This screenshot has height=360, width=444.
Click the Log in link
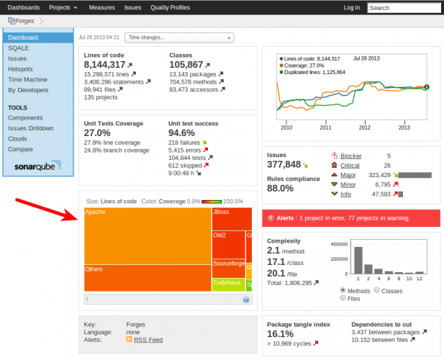click(x=352, y=7)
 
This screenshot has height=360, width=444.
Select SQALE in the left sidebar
click(x=19, y=48)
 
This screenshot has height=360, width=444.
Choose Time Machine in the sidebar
click(x=28, y=80)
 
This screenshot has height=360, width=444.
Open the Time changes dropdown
click(x=179, y=37)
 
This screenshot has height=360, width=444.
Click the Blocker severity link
click(x=350, y=156)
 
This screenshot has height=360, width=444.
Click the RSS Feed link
click(x=148, y=339)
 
